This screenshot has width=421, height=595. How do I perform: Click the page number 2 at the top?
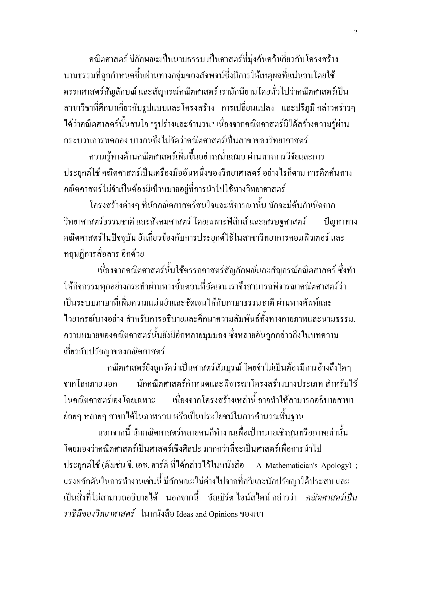click(x=355, y=32)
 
